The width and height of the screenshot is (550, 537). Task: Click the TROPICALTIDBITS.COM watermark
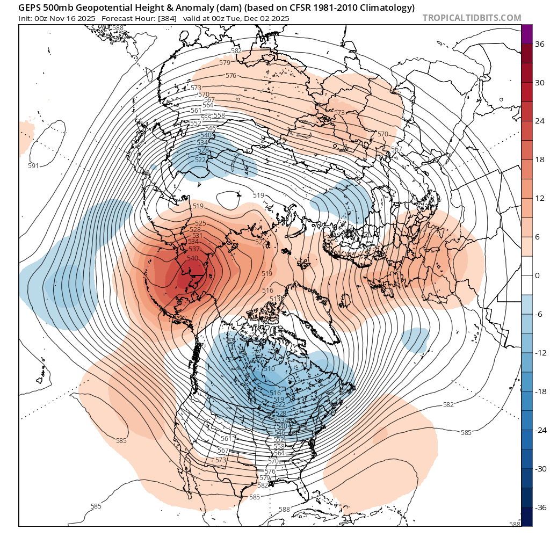472,18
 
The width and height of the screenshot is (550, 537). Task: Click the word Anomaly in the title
184,8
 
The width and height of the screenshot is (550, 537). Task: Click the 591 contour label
33,166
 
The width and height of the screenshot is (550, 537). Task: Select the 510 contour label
269,369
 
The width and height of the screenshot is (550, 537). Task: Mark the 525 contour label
200,223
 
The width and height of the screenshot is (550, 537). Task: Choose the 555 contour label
206,118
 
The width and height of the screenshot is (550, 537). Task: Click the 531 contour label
197,236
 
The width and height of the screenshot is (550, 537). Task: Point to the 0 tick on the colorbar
538,275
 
